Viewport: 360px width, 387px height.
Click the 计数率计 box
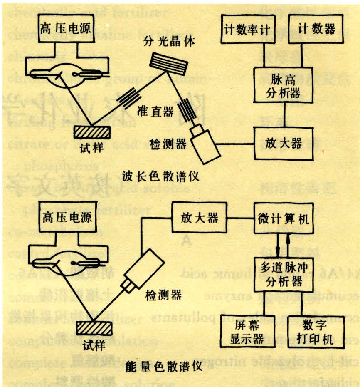coord(248,29)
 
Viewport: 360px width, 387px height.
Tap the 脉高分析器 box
coord(284,86)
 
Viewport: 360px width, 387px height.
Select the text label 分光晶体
coord(163,42)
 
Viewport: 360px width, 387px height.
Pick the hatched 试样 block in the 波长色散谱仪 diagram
coord(92,131)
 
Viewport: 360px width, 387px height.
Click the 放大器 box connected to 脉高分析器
coord(284,143)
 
